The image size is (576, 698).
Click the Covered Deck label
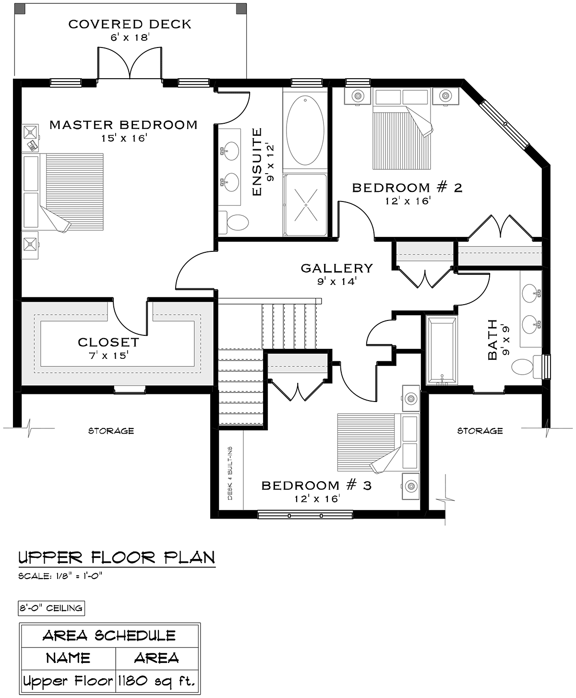point(130,24)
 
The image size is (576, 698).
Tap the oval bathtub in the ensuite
point(305,130)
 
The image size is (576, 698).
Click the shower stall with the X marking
point(306,204)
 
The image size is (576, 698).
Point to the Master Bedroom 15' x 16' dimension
point(124,138)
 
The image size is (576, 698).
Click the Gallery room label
point(336,268)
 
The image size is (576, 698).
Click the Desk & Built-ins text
point(230,473)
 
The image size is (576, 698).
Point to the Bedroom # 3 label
point(316,485)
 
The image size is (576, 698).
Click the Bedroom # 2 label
point(407,188)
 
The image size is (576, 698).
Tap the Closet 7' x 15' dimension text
point(108,355)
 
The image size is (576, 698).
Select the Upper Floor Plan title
point(117,557)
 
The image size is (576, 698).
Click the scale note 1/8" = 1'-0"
point(60,576)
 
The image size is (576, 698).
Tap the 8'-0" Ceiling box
point(51,608)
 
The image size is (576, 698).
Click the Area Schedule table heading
point(109,636)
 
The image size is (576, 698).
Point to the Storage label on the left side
point(111,431)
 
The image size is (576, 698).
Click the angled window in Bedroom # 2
point(505,124)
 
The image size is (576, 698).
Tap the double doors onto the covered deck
point(130,63)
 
